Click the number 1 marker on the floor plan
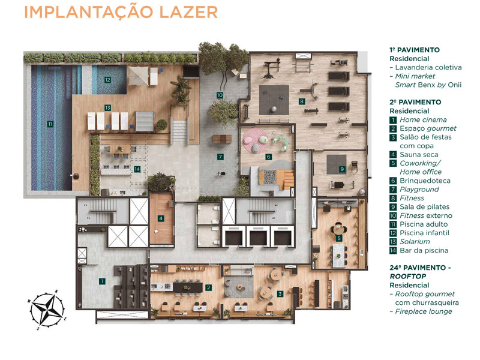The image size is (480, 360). (102, 281)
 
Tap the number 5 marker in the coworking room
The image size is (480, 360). (339, 238)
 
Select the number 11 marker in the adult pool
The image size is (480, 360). (50, 124)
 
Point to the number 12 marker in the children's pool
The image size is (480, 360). (107, 79)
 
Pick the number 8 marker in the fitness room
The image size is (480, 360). (301, 101)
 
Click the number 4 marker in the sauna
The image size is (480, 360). (161, 218)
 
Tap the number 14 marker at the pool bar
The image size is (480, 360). (137, 169)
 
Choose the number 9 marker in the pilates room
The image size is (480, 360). (341, 169)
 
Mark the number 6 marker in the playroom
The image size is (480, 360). (268, 157)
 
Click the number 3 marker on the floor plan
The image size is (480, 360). (280, 293)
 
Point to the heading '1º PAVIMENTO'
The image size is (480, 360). (415, 50)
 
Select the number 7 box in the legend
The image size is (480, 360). (393, 190)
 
